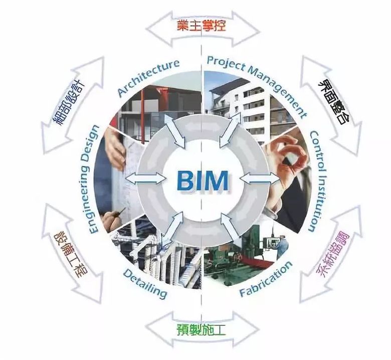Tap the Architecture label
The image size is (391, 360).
click(x=148, y=77)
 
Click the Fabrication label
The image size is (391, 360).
click(x=265, y=278)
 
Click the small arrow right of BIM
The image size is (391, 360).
click(x=260, y=177)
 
